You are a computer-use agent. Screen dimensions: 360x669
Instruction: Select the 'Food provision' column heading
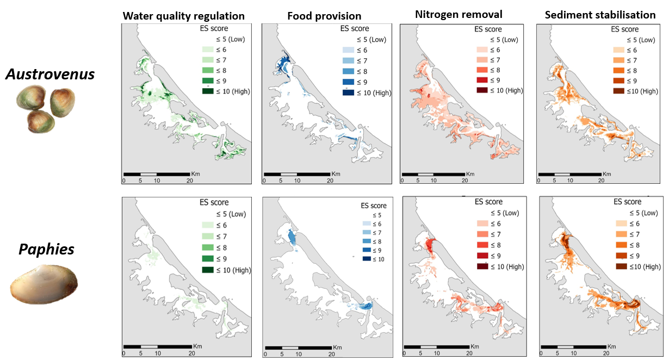pos(317,16)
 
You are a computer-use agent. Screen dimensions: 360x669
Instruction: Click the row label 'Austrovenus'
pos(50,74)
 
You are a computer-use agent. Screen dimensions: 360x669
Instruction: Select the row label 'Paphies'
pos(47,250)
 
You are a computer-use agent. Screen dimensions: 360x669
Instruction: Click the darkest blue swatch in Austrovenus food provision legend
pos(348,92)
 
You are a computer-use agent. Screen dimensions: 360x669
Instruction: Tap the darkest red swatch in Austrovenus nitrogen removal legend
pos(484,90)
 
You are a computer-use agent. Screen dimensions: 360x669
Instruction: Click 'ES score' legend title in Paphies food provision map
pos(374,206)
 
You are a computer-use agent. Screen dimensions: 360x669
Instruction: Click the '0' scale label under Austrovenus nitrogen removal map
pos(402,180)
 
